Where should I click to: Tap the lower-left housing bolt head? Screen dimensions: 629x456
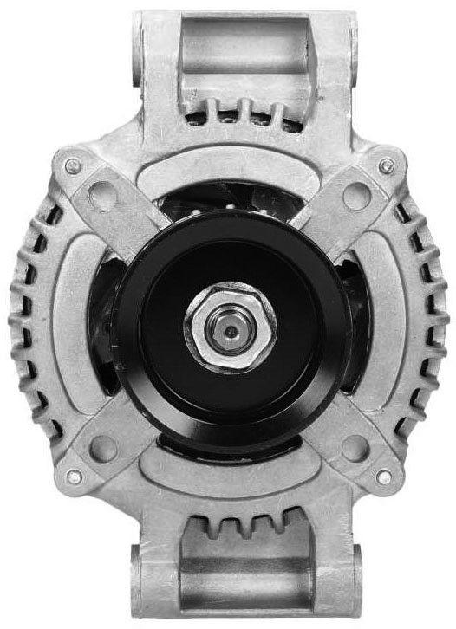(x=74, y=476)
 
